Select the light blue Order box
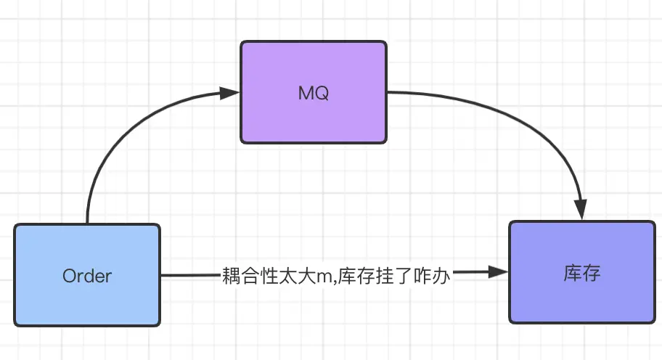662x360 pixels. [x=86, y=275]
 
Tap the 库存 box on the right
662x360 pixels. [x=582, y=272]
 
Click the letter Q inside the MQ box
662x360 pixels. [x=323, y=94]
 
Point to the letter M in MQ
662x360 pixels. [x=306, y=94]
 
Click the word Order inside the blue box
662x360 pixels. [x=87, y=277]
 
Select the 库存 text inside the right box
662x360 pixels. [x=582, y=274]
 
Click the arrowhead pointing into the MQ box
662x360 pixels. [x=230, y=93]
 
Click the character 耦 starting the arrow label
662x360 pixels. [x=232, y=277]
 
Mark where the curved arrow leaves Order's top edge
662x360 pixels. [x=87, y=223]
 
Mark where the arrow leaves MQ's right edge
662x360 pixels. [x=388, y=92]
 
